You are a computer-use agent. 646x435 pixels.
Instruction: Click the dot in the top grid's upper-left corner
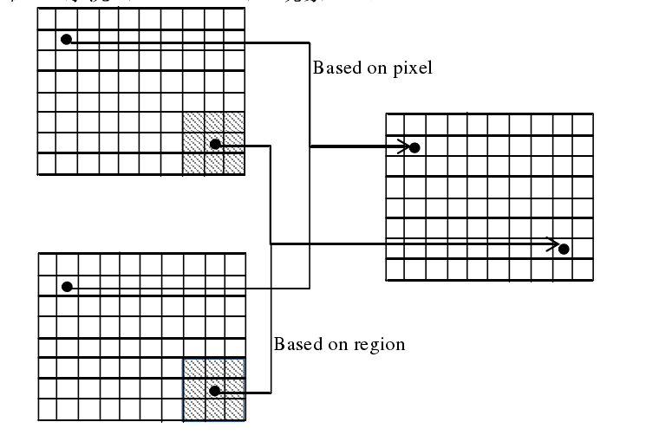pos(66,40)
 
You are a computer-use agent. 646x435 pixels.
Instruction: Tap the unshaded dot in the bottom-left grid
pos(66,286)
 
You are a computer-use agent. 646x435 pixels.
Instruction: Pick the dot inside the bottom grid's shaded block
pos(213,391)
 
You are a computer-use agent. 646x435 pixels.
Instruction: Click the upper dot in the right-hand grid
pos(414,147)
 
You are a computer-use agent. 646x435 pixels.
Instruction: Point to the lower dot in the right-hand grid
pos(564,249)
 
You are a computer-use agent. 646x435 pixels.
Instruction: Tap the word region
pos(381,345)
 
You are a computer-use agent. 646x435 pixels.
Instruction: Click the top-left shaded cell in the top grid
pos(192,122)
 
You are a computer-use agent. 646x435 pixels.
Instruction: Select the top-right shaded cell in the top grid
pos(234,122)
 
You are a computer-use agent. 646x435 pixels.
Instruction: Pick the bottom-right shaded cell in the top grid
pos(234,163)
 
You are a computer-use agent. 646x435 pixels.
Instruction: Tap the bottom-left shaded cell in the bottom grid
pos(192,410)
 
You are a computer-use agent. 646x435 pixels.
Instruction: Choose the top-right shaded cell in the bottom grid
pos(234,368)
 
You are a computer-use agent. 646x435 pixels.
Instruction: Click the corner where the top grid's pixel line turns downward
pos(310,41)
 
